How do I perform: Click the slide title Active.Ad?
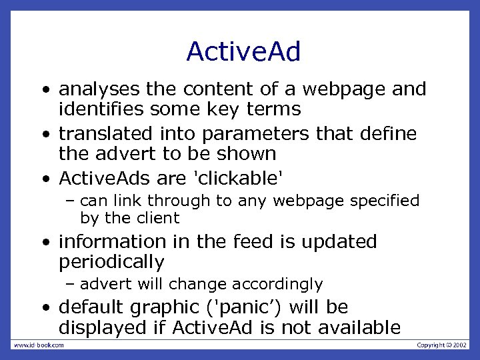pos(243,51)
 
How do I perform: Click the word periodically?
pos(111,262)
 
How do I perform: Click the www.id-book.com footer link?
pos(39,345)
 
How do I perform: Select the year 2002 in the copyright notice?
pos(460,345)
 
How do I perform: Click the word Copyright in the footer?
pos(431,345)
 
